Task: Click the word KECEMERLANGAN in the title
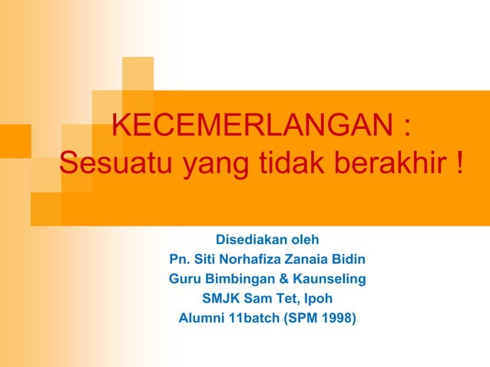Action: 250,127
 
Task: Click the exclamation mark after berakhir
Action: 459,163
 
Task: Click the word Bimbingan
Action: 242,278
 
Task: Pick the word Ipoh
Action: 318,298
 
